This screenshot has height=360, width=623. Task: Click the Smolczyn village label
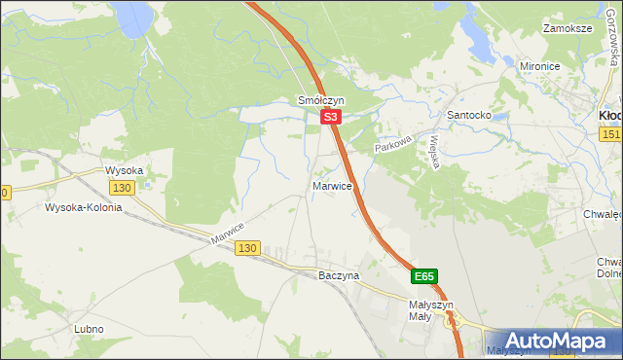coord(320,100)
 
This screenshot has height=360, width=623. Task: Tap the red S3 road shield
coord(331,117)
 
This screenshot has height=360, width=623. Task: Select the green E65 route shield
coord(424,277)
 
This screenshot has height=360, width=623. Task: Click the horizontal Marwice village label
coord(332,185)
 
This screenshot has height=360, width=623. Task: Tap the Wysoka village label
coord(125,170)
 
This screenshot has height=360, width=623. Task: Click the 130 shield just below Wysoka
coord(122,187)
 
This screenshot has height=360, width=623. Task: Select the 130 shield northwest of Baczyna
coord(247,249)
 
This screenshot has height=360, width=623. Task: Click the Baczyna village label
coord(339,275)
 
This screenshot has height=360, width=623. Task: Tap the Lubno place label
coord(89,329)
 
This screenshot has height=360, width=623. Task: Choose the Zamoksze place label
coord(569,29)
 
